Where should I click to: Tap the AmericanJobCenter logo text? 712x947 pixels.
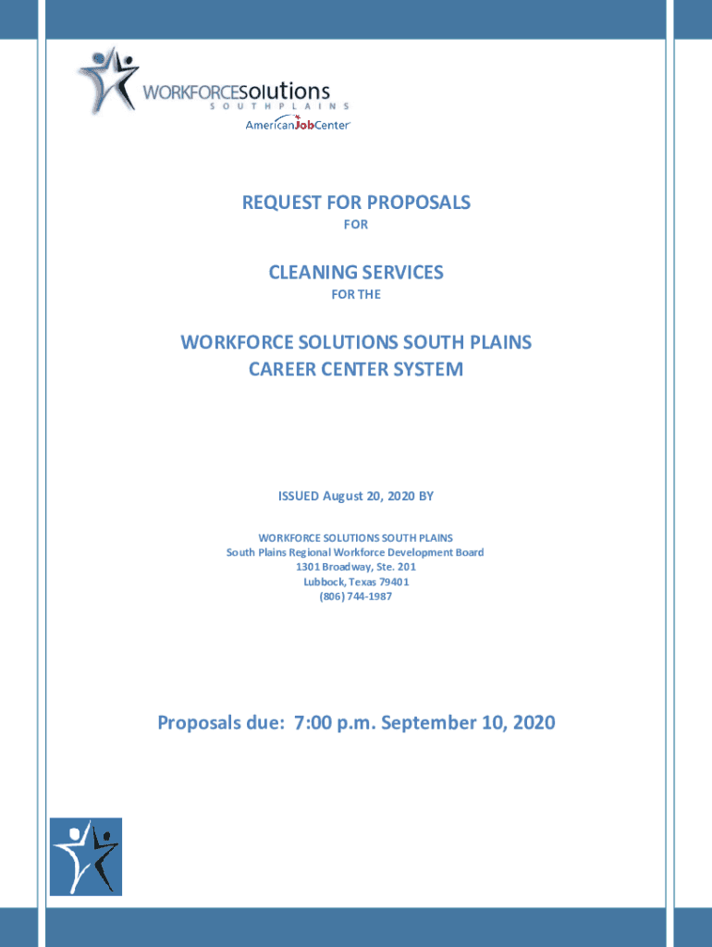(x=298, y=125)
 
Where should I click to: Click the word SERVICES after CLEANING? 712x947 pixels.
(x=403, y=272)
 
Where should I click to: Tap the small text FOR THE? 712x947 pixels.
(x=356, y=296)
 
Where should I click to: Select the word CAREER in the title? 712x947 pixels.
(x=283, y=370)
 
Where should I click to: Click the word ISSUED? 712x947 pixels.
(x=298, y=497)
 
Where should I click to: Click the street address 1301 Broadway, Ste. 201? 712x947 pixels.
(x=356, y=567)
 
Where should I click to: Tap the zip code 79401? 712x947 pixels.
(x=392, y=582)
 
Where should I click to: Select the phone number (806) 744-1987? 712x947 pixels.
(x=356, y=596)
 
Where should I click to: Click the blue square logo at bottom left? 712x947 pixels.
(x=85, y=855)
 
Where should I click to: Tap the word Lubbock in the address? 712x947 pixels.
(x=324, y=582)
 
